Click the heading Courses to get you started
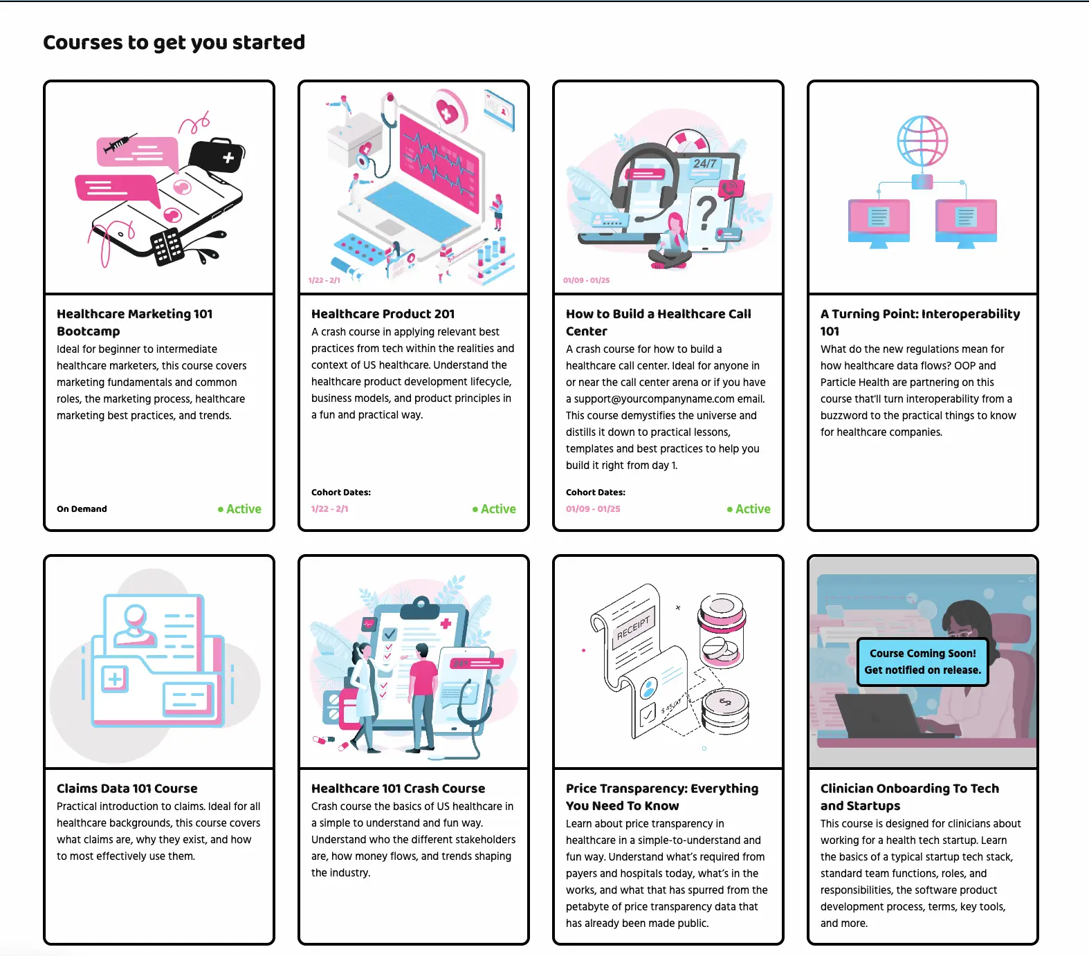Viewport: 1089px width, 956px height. click(174, 42)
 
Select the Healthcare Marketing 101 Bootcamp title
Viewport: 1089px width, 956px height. click(134, 322)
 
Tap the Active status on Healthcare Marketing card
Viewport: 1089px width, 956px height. click(240, 509)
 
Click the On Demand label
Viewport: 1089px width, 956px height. click(82, 509)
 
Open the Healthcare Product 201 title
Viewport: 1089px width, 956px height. click(383, 314)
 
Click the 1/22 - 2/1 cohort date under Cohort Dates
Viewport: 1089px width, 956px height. click(330, 509)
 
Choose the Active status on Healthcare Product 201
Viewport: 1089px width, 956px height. click(495, 509)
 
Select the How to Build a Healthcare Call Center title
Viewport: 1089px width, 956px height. click(658, 322)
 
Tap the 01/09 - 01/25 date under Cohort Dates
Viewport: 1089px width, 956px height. click(593, 509)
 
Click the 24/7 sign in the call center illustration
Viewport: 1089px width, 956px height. click(705, 164)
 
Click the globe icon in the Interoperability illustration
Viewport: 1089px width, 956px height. click(922, 141)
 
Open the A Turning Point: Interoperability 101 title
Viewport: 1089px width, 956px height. click(919, 322)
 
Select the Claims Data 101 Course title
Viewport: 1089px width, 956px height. click(127, 789)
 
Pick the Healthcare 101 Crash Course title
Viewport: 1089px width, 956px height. click(398, 789)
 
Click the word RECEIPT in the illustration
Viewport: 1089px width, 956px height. click(634, 627)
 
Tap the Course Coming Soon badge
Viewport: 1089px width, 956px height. click(922, 662)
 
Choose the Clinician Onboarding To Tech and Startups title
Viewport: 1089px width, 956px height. click(909, 797)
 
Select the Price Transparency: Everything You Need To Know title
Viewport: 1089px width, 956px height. click(661, 797)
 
